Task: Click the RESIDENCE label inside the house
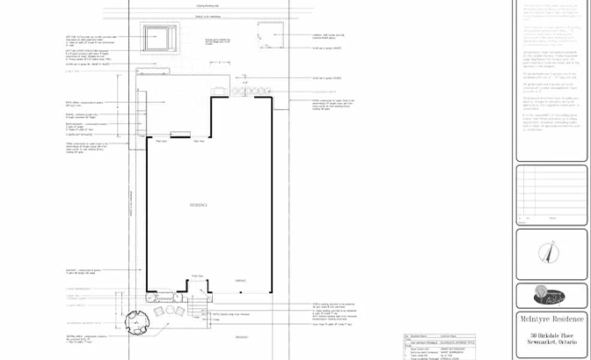199,230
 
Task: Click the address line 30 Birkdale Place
551,335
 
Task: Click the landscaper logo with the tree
551,295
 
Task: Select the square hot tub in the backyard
159,38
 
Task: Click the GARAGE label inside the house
239,281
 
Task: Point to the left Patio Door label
162,140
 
